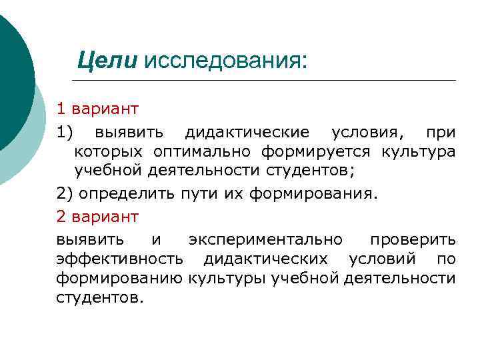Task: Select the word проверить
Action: pos(413,239)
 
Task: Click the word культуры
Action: pos(227,277)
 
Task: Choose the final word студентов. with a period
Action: pos(100,297)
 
